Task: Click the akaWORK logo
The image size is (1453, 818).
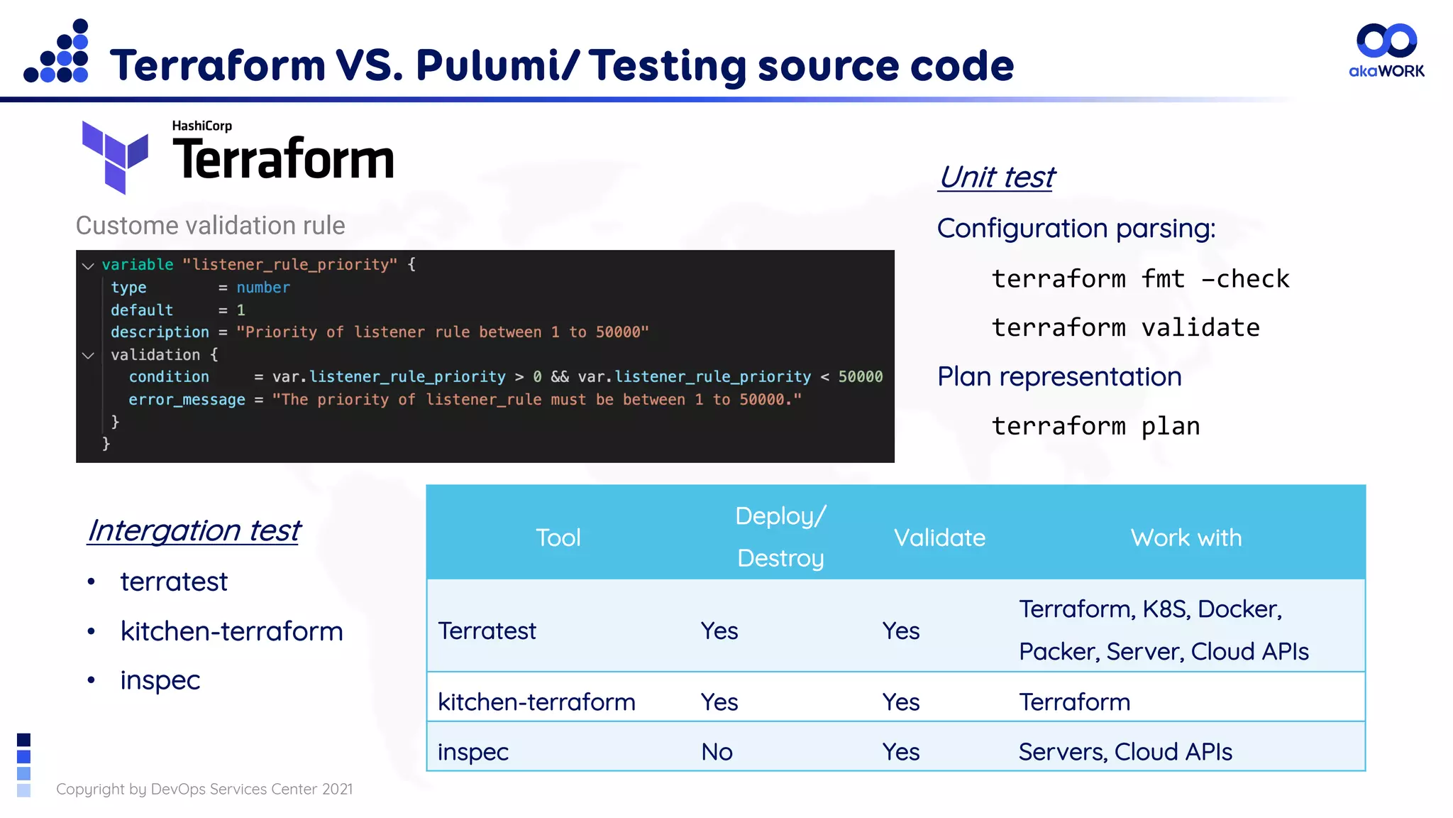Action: point(1386,50)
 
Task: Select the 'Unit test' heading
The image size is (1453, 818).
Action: point(997,177)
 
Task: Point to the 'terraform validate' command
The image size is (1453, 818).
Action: point(1125,327)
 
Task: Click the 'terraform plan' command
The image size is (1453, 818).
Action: point(1095,426)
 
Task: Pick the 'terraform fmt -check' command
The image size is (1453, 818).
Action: point(1140,278)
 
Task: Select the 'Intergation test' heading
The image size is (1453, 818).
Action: point(194,530)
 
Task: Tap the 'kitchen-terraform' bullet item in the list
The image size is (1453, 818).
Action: point(231,631)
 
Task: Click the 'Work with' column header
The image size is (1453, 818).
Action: point(1186,538)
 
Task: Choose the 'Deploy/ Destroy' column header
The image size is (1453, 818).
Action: point(780,537)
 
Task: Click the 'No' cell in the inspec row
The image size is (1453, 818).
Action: point(717,751)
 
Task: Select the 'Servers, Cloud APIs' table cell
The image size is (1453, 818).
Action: point(1125,751)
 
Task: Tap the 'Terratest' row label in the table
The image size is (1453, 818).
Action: point(487,631)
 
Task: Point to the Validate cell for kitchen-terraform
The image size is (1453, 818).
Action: point(900,702)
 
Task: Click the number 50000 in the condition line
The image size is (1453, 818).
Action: point(860,376)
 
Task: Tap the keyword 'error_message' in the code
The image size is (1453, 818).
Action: point(187,399)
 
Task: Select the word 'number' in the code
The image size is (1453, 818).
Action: point(263,288)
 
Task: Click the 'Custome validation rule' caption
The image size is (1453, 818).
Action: point(210,225)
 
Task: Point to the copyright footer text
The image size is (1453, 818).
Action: point(204,789)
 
